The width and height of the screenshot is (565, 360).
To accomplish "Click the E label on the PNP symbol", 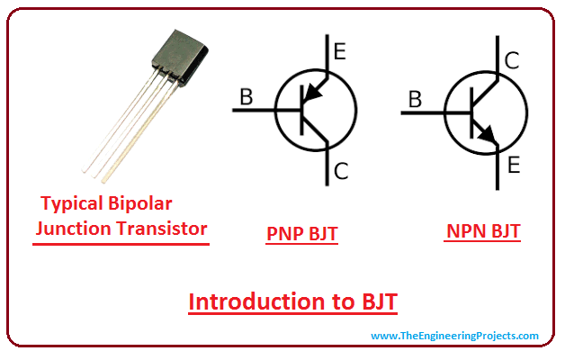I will tap(338, 51).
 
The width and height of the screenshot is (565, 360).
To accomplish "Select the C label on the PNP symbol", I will tap(340, 170).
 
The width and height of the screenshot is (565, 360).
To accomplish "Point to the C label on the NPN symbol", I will tap(511, 61).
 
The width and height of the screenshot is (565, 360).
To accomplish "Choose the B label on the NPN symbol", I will tap(415, 100).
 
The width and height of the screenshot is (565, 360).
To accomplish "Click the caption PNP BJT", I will tap(302, 233).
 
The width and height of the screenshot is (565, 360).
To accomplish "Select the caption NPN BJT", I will tap(483, 231).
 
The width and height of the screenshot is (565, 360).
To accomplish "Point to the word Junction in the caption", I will tap(73, 228).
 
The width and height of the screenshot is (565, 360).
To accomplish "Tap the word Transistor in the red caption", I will tap(162, 228).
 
